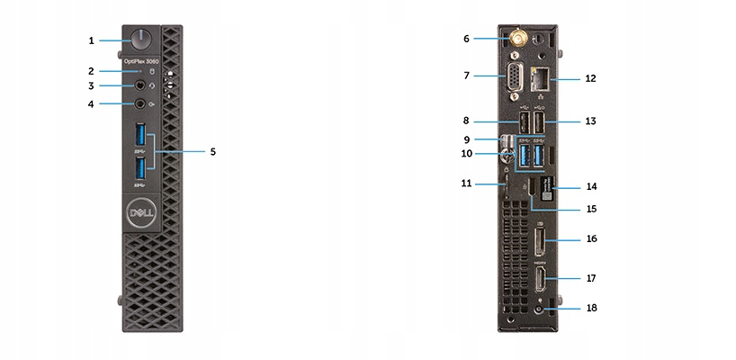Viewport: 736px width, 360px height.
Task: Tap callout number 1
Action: click(x=91, y=40)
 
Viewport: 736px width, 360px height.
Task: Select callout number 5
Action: click(x=212, y=152)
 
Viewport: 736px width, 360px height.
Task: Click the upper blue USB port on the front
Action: click(x=140, y=137)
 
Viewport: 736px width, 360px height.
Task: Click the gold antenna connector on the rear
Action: click(x=520, y=38)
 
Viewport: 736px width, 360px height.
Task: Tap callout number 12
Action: click(x=590, y=78)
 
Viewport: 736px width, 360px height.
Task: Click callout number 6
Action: click(x=466, y=39)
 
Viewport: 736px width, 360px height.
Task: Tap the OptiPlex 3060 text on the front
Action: click(x=141, y=61)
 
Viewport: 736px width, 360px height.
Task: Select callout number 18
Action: click(x=590, y=308)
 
